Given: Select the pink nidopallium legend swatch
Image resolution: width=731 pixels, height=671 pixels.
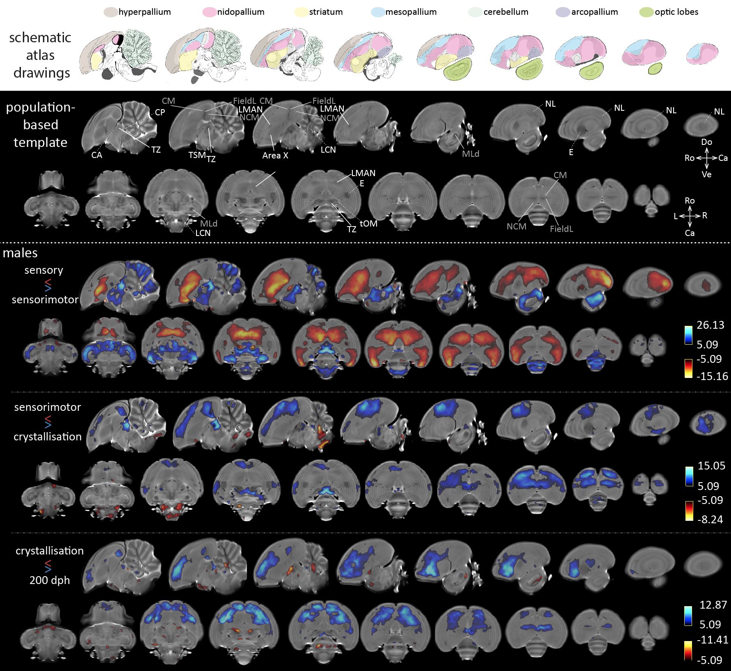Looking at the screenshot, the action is pyautogui.click(x=209, y=12).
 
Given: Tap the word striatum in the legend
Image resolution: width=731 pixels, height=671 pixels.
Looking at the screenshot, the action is pyautogui.click(x=326, y=12).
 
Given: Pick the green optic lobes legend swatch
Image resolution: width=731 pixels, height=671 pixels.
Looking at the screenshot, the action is pyautogui.click(x=646, y=12).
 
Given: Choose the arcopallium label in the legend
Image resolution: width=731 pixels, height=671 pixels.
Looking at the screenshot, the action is pyautogui.click(x=594, y=12).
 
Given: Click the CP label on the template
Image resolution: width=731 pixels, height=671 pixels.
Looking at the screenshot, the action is pyautogui.click(x=160, y=112).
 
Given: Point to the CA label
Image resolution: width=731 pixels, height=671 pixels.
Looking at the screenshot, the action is pyautogui.click(x=96, y=155).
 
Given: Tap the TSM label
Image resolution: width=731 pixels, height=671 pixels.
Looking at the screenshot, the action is pyautogui.click(x=197, y=155).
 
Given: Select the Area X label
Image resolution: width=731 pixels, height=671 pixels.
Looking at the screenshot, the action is pyautogui.click(x=275, y=156).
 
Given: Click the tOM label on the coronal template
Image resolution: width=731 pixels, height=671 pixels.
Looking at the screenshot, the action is pyautogui.click(x=368, y=224).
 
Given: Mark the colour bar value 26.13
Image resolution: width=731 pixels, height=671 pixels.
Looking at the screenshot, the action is pyautogui.click(x=710, y=325).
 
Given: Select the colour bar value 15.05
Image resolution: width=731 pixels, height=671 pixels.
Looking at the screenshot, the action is pyautogui.click(x=711, y=465).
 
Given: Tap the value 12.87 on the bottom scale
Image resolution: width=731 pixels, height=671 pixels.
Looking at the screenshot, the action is pyautogui.click(x=713, y=605).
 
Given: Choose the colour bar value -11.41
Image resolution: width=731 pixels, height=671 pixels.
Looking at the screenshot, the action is pyautogui.click(x=713, y=639).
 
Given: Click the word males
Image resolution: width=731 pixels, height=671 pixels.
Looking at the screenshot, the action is pyautogui.click(x=20, y=253).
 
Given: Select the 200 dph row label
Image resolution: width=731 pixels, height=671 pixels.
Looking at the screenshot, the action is pyautogui.click(x=50, y=580).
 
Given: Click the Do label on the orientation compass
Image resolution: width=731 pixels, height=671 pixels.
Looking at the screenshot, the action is pyautogui.click(x=706, y=142).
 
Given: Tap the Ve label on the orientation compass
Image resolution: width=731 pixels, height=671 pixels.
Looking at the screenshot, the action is pyautogui.click(x=706, y=174).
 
